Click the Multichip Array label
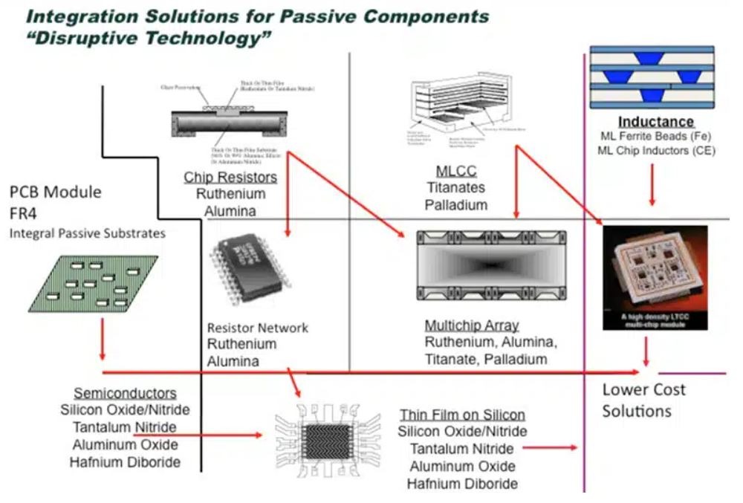click(471, 326)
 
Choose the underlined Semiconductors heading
click(126, 393)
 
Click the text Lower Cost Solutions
click(643, 400)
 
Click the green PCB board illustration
click(94, 283)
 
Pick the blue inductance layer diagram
click(652, 76)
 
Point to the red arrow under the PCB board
click(101, 341)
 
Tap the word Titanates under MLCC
click(455, 189)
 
